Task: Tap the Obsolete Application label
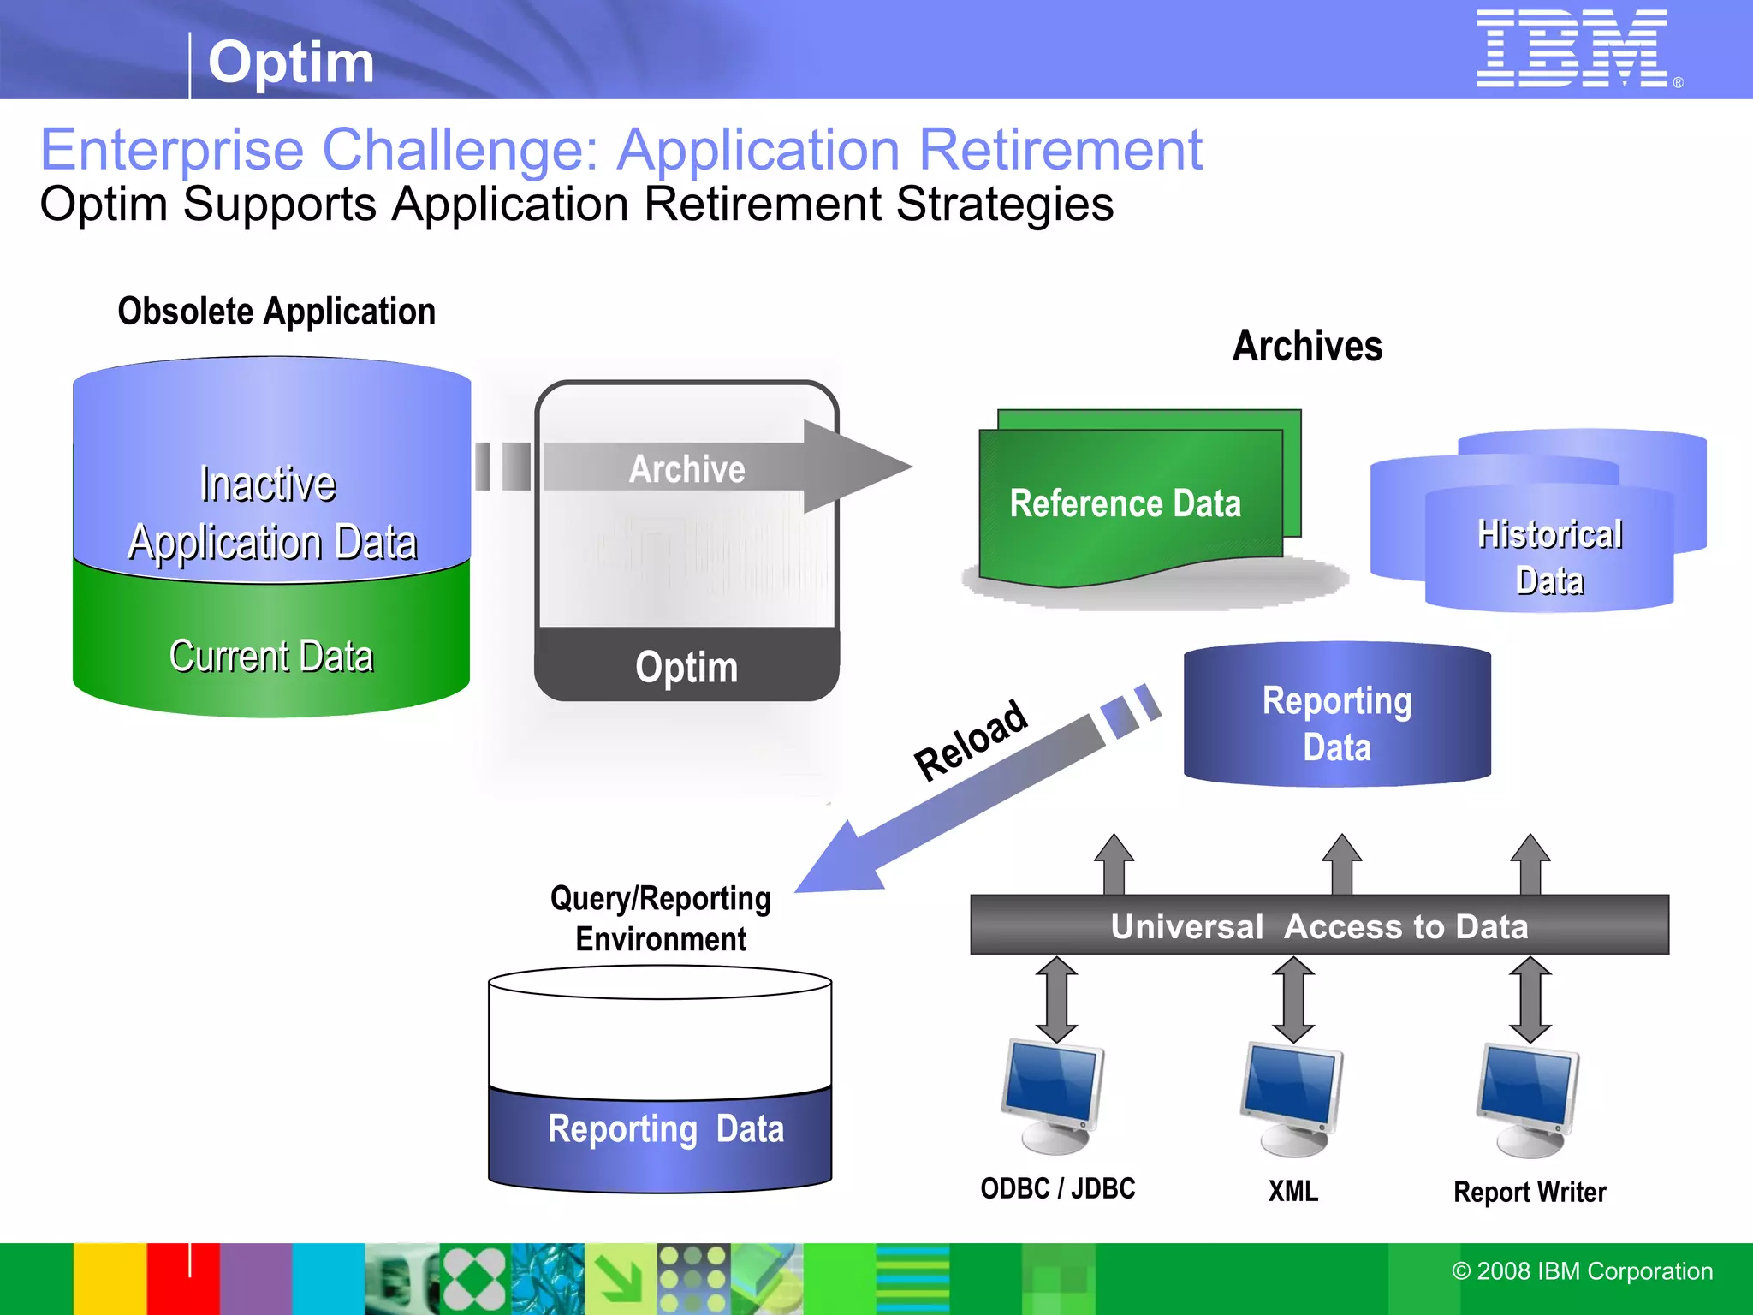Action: [276, 312]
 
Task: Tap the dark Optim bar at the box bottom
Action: [686, 666]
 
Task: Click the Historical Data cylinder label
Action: [1549, 556]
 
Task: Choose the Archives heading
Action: [1307, 347]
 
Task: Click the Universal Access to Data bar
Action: [1318, 925]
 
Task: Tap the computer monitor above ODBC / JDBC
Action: [1054, 1096]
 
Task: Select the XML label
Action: [1292, 1191]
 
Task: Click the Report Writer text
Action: [1530, 1192]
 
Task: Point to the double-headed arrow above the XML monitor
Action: [1292, 999]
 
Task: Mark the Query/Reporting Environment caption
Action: [660, 919]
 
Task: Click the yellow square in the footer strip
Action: [109, 1278]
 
